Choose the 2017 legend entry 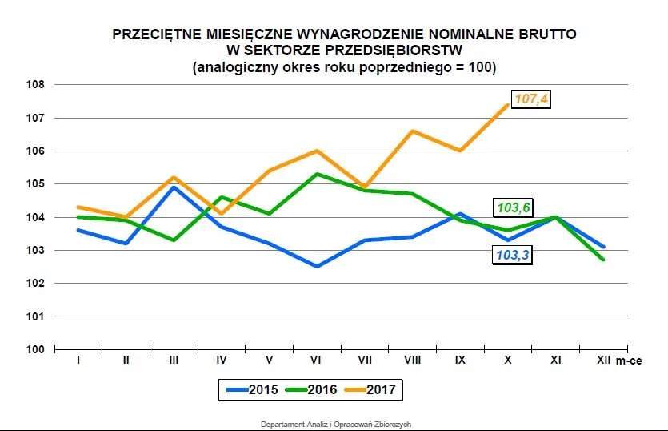(371, 390)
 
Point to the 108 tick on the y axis (36, 84)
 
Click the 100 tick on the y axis (36, 349)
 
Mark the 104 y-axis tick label (36, 217)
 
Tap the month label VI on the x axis (318, 361)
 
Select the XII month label (604, 361)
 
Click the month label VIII (413, 361)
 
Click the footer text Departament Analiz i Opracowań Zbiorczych (336, 424)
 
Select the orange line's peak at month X (508, 105)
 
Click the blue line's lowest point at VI (318, 267)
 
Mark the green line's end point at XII (603, 260)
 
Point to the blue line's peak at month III (174, 187)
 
